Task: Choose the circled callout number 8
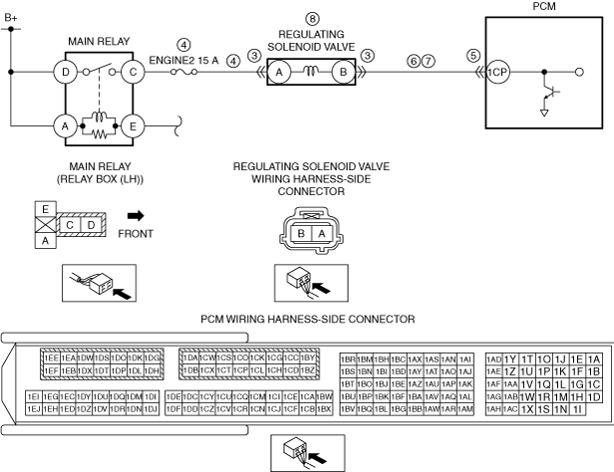pos(313,19)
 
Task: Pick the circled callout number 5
pos(473,56)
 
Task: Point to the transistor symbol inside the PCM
pos(546,95)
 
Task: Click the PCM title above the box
pos(546,6)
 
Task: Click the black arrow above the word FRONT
pos(135,213)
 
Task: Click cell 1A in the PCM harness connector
pos(594,359)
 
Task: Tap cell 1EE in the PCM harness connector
pos(51,357)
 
